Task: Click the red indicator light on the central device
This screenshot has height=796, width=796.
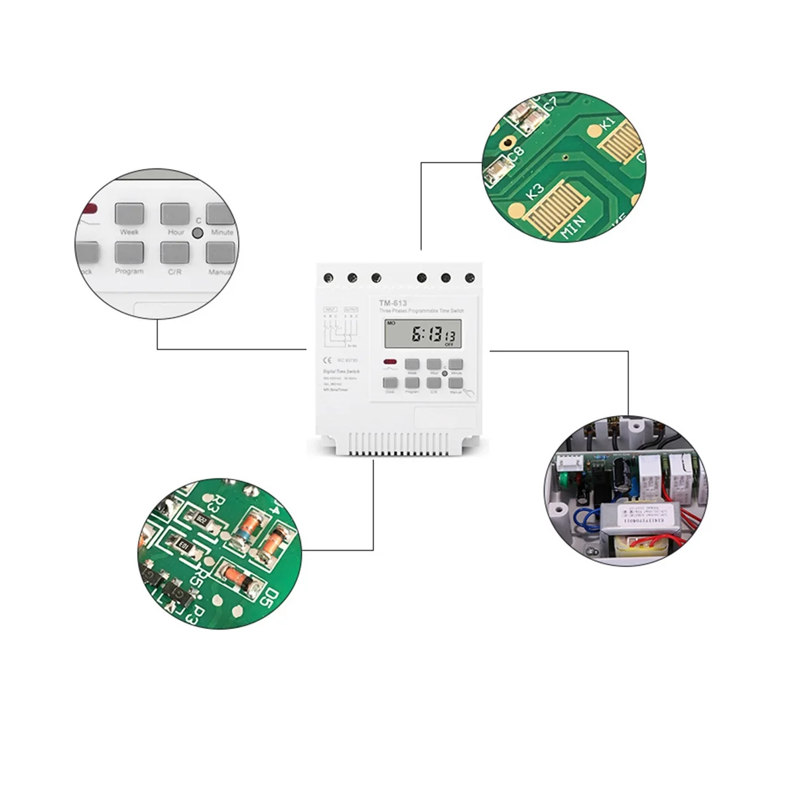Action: click(389, 362)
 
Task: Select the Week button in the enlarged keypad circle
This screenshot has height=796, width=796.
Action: click(130, 214)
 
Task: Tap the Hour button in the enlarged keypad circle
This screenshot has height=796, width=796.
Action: click(175, 214)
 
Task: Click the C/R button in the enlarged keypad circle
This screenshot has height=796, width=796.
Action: click(174, 253)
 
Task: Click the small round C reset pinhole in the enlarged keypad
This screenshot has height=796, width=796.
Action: click(197, 233)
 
